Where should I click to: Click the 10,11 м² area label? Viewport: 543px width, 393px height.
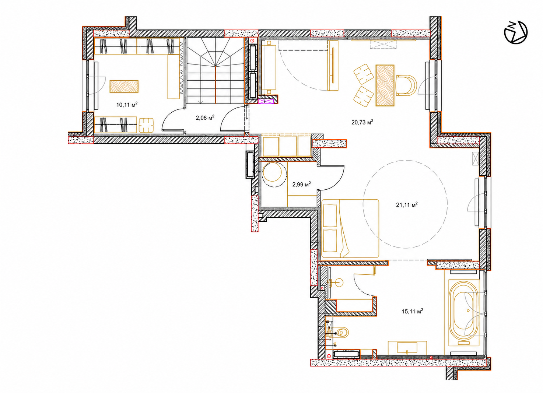point(127,105)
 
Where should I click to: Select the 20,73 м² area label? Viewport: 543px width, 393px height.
point(362,122)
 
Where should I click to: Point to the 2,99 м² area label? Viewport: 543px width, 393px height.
point(302,184)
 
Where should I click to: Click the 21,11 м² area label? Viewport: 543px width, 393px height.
point(407,205)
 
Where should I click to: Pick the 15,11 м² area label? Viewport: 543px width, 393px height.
point(412,311)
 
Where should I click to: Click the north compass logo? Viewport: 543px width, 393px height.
point(516,32)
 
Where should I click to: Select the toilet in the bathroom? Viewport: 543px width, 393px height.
point(342,332)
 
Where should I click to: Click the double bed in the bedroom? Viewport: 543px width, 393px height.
point(350,228)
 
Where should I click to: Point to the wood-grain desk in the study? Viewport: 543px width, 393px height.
point(385,85)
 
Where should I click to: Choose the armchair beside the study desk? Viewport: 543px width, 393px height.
point(406,85)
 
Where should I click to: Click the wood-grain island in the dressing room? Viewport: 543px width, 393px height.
point(124,86)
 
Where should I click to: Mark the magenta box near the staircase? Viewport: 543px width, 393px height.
point(266,101)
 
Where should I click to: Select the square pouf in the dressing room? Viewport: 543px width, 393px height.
point(146,125)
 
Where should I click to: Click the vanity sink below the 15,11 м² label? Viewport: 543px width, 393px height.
point(407,348)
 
